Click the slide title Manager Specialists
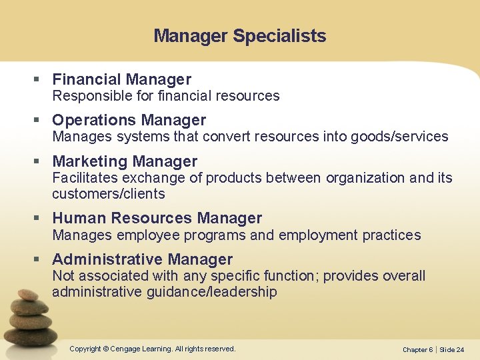click(239, 36)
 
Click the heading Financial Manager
click(121, 79)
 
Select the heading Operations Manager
click(129, 120)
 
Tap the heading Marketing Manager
click(125, 161)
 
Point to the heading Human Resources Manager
click(157, 218)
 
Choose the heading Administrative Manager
click(142, 259)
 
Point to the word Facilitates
click(83, 178)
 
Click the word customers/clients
click(108, 194)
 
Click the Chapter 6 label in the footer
click(417, 350)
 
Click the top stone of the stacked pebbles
click(28, 294)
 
